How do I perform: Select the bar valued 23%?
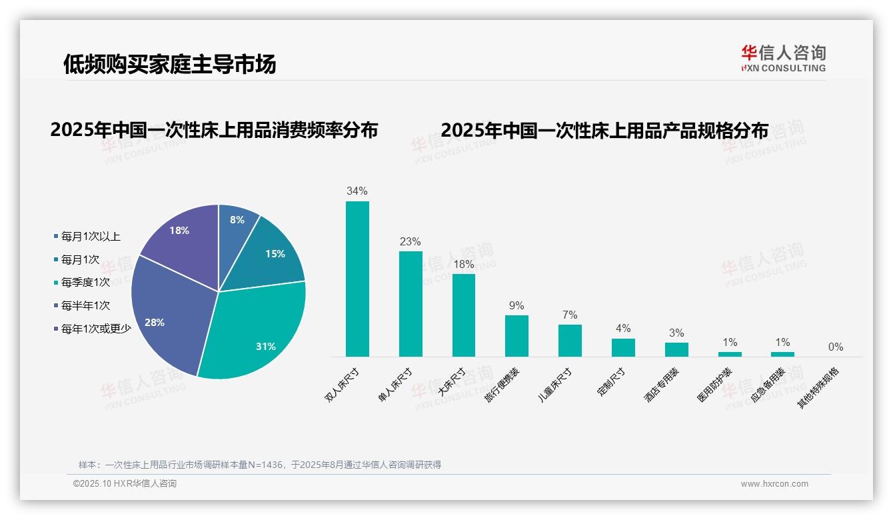click(411, 303)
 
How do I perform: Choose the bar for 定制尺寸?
click(623, 347)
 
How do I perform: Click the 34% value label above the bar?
click(357, 191)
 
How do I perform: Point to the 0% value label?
click(836, 347)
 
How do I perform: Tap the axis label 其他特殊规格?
click(820, 388)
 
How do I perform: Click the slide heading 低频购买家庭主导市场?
click(169, 65)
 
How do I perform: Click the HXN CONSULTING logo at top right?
click(783, 59)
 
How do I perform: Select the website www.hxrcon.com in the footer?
click(774, 484)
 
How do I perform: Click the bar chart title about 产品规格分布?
click(604, 130)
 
